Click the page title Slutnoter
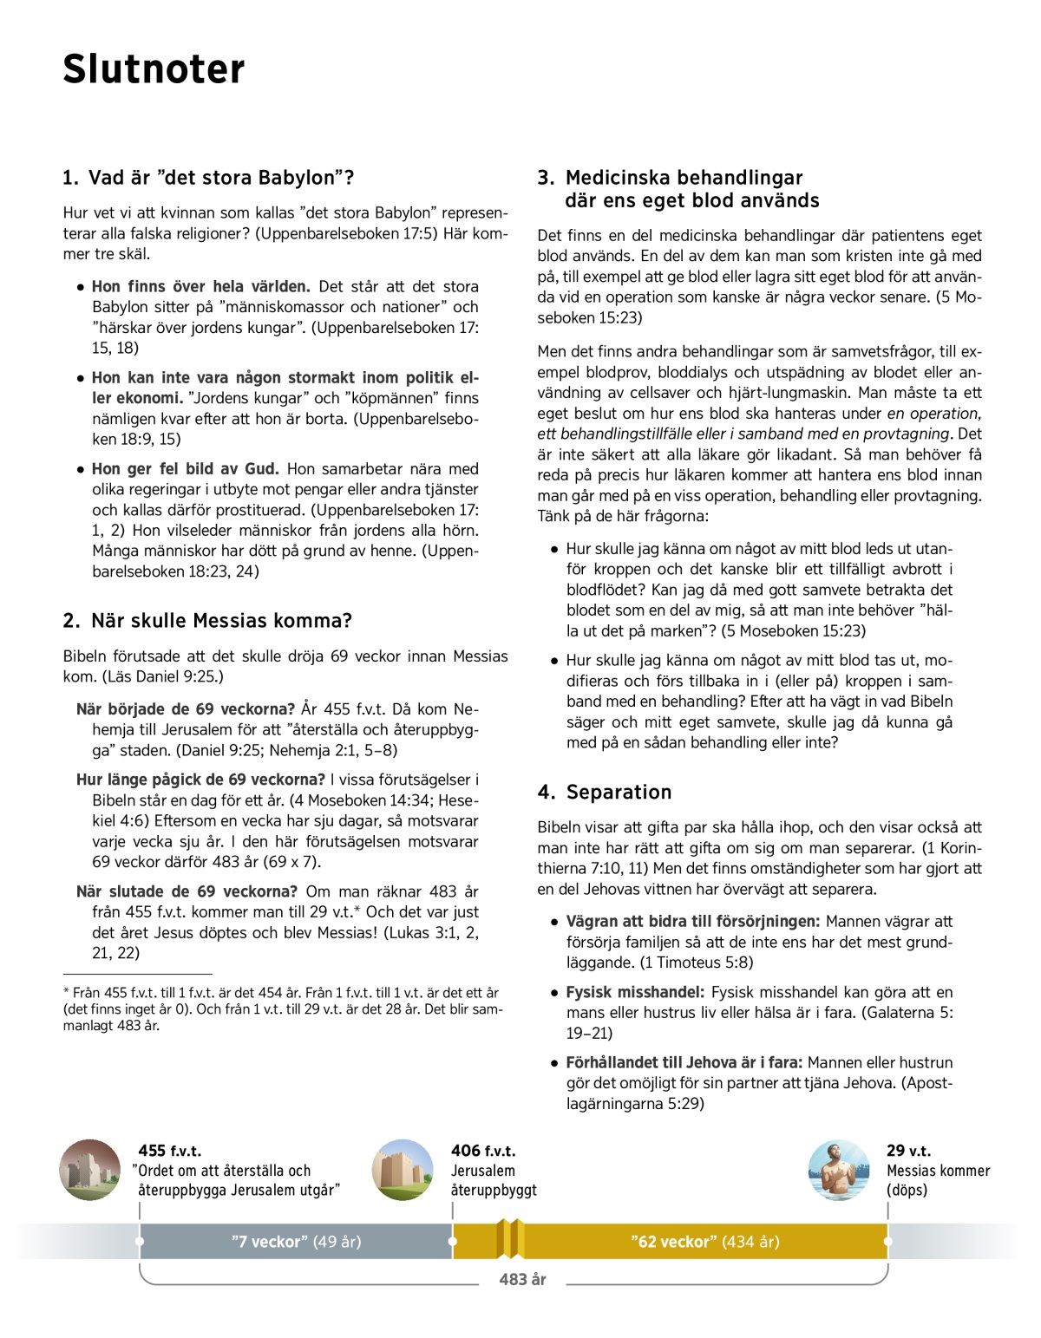tap(154, 69)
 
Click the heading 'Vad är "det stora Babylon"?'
tap(208, 178)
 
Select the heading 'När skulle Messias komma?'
tap(208, 621)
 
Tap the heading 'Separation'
tap(605, 793)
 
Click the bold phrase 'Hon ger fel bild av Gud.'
tap(186, 469)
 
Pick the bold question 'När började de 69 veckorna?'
tap(186, 709)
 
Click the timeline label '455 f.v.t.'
tap(170, 1151)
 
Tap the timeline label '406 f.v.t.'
tap(483, 1151)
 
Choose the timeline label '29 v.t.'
tap(908, 1151)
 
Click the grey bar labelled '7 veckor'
tap(296, 1242)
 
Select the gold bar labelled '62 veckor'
tap(704, 1242)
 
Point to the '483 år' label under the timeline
tap(522, 1279)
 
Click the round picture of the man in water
tap(839, 1170)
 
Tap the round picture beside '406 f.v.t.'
tap(403, 1170)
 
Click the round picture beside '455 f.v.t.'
tap(90, 1170)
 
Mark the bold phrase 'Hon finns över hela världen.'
tap(201, 287)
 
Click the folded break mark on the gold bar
tap(510, 1239)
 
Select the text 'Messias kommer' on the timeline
tap(938, 1171)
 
